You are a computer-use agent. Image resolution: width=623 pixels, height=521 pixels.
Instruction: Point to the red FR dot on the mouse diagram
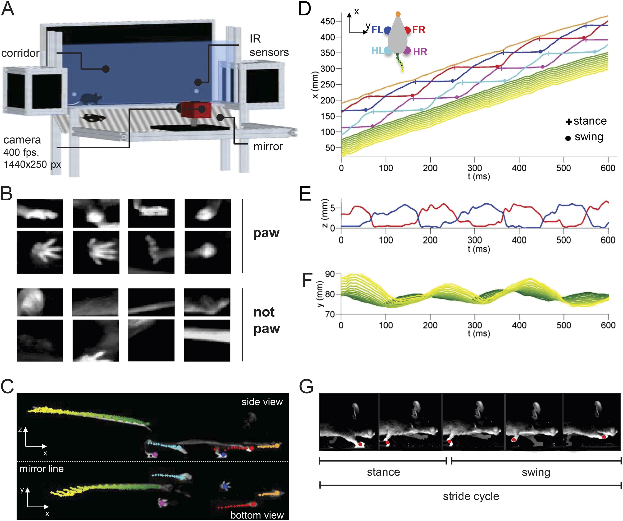[407, 30]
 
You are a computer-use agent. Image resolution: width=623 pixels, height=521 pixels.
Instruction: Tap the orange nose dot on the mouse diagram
[398, 14]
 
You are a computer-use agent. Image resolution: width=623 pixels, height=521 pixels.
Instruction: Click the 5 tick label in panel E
[332, 208]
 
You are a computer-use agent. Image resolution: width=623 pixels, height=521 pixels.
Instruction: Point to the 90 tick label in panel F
[330, 274]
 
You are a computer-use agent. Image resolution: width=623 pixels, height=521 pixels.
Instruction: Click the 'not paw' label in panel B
[266, 320]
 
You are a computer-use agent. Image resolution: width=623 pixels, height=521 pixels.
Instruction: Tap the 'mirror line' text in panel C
[41, 469]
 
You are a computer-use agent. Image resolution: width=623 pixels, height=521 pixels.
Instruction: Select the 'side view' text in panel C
[262, 402]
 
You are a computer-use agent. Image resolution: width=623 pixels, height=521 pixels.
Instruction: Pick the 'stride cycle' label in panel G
[471, 496]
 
